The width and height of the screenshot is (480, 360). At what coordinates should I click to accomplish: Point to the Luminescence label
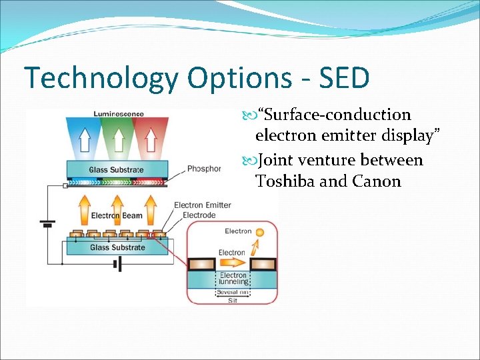[119, 114]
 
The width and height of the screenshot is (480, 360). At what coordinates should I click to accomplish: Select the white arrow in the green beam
[118, 139]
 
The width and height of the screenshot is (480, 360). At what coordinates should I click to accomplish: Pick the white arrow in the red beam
[151, 139]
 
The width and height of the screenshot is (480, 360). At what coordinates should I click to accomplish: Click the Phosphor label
[204, 169]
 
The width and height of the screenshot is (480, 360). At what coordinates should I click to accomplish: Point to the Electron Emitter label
[203, 205]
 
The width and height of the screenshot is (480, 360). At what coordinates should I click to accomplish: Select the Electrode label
[199, 215]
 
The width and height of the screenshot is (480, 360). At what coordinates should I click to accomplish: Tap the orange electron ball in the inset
[260, 233]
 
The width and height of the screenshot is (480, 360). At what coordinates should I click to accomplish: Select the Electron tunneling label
[233, 279]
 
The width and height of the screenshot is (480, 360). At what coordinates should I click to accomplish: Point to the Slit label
[233, 301]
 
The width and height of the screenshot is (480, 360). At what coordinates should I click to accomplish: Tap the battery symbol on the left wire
[47, 222]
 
